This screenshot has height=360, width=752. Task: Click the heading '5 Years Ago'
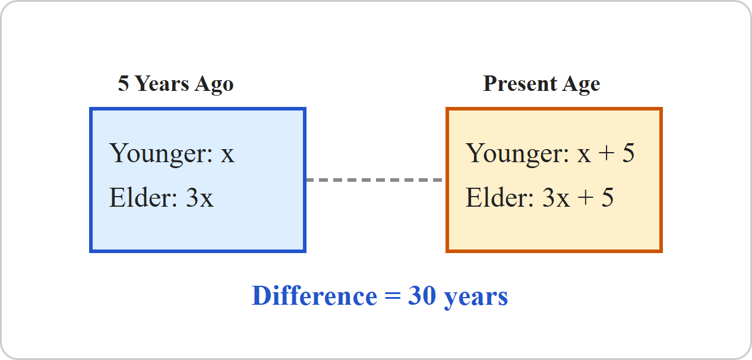[x=176, y=84]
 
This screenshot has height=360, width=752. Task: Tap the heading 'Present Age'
[x=542, y=84]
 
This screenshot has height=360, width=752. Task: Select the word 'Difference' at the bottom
[x=315, y=296]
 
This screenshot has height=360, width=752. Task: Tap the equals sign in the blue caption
[x=393, y=296]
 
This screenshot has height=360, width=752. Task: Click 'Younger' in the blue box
[x=161, y=154]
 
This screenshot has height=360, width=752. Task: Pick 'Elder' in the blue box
[x=143, y=197]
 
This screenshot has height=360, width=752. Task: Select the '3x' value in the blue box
[x=200, y=198]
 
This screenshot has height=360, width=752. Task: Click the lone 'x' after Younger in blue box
[x=228, y=155]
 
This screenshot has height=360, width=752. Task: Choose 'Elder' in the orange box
[x=500, y=197]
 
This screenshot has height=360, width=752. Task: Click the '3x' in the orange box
[x=556, y=198]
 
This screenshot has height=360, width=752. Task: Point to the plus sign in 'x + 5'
[x=606, y=153]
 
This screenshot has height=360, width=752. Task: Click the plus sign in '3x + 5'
[x=586, y=197]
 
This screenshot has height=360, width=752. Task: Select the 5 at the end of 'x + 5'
[x=628, y=153]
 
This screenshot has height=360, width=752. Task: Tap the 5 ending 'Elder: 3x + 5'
[x=608, y=197]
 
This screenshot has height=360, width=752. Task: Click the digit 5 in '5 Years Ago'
[x=124, y=83]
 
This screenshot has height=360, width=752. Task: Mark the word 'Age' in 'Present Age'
[x=582, y=84]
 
